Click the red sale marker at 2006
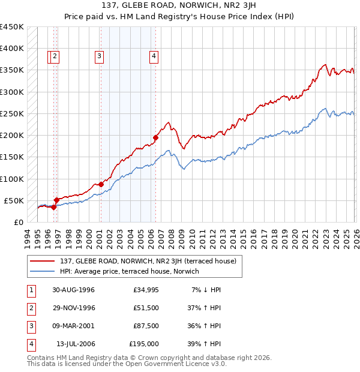(155, 137)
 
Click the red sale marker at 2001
(100, 185)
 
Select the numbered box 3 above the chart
(98, 56)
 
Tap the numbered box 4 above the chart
(154, 56)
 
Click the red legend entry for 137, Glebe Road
(148, 261)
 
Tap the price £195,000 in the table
(144, 344)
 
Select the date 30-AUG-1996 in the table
(73, 290)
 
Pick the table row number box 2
(29, 308)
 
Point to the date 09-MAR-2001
(73, 326)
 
